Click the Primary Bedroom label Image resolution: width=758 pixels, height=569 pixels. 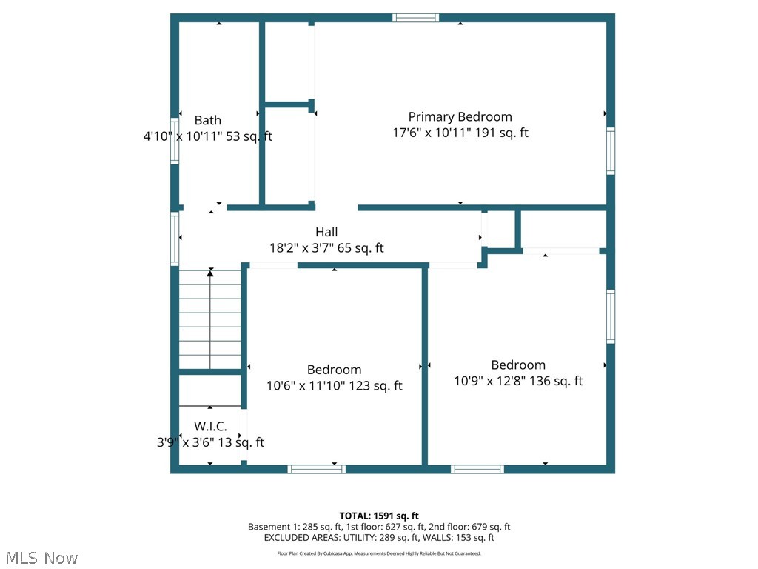point(460,116)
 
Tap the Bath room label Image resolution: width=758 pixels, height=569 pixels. point(207,120)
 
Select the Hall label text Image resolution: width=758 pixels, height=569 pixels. point(326,232)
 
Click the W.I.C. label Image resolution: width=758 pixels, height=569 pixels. point(210,426)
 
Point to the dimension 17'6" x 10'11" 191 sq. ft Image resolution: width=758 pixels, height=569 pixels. point(460,133)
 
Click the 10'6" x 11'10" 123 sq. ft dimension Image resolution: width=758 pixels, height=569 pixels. point(335,385)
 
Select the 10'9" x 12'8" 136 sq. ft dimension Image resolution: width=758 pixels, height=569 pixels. point(518,381)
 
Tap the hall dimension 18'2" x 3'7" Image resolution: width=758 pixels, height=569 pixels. point(326,248)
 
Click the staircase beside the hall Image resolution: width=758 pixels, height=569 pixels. point(210,319)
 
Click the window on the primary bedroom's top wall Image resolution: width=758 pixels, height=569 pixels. point(415,18)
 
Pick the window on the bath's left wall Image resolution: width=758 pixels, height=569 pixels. point(175,140)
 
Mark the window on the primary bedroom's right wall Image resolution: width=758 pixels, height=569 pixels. point(611,151)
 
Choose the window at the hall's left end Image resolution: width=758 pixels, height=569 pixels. point(175,239)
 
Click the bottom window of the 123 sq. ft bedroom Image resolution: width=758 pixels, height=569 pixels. point(316,469)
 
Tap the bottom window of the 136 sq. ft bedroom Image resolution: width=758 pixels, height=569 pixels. point(477,469)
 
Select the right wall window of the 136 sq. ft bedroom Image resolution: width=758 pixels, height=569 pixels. point(611,316)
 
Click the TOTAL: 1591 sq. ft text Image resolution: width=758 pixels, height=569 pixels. point(379,516)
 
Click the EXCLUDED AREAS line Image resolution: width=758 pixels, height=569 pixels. point(379,538)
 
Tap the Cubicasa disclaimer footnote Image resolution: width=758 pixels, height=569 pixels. point(379,553)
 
